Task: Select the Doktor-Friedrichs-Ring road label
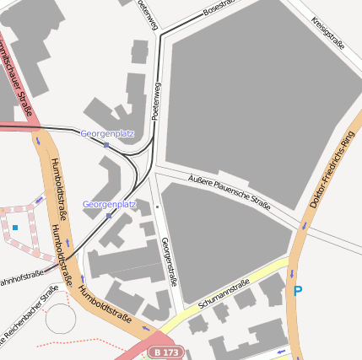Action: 332,170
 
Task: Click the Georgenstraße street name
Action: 168,262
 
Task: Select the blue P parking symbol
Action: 297,291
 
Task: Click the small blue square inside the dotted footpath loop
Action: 14,228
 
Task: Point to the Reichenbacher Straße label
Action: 30,316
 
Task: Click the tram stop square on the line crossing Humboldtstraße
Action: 106,145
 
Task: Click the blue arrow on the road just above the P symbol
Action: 293,272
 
